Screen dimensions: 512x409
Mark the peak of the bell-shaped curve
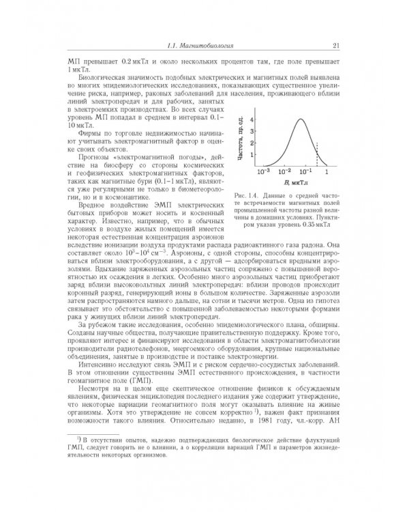click(x=295, y=119)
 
